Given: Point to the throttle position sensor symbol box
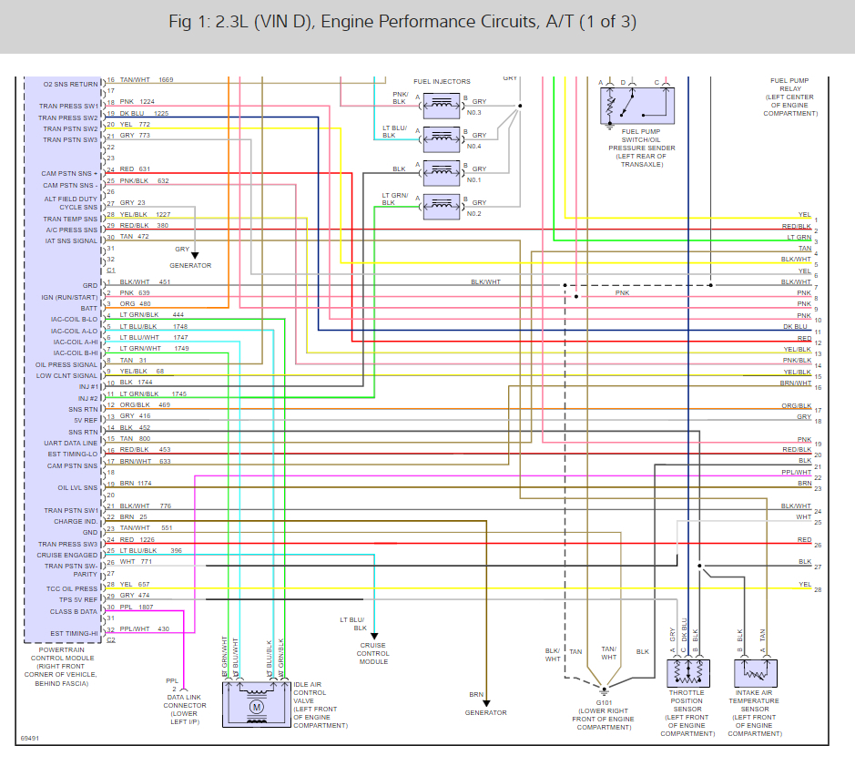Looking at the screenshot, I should click(687, 673).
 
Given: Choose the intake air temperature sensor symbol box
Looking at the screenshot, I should click(755, 673).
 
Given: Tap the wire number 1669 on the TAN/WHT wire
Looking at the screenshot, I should click(166, 80).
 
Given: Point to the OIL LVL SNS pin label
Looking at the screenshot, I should click(77, 487).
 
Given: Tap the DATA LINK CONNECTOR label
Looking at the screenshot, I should click(185, 705).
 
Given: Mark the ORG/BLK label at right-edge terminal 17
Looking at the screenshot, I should click(797, 405).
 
